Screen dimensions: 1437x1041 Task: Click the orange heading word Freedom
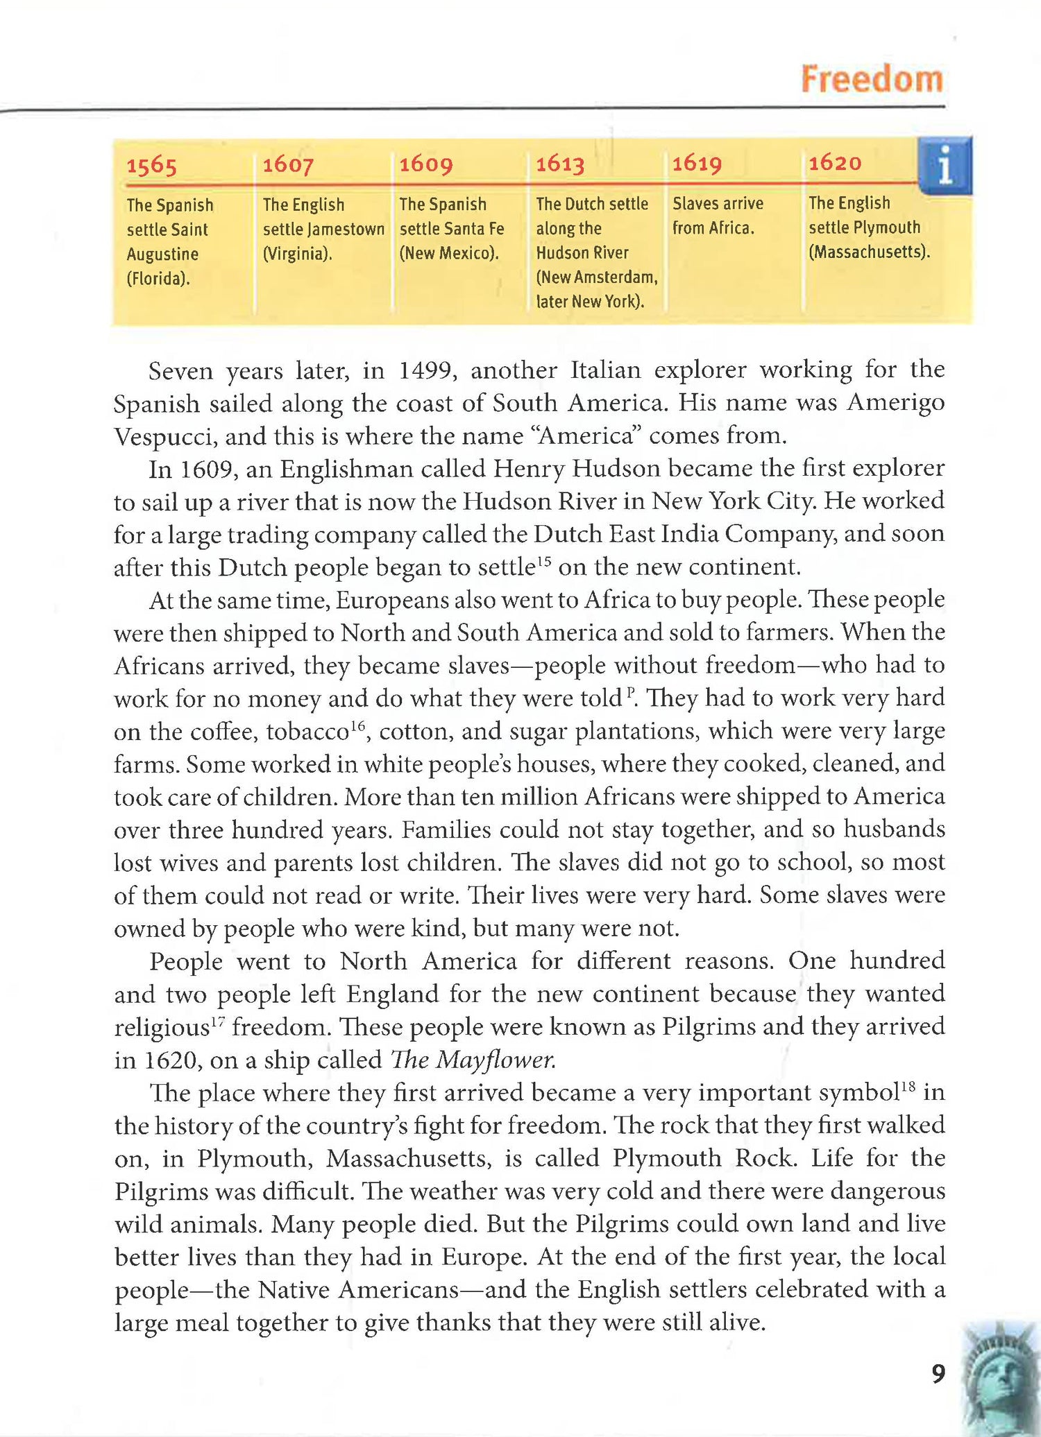pos(872,79)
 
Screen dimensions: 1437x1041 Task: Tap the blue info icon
pos(945,166)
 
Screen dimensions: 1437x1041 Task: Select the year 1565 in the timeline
pos(151,166)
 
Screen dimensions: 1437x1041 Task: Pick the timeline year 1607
pos(288,165)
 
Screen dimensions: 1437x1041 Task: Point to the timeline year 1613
pos(560,164)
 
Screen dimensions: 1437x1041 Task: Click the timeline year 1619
pos(697,163)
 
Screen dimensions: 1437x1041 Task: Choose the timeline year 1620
pos(835,162)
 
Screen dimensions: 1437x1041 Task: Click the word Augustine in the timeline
pos(162,255)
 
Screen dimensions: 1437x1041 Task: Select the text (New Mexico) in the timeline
pos(449,253)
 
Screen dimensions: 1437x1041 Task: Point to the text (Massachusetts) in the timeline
pos(869,252)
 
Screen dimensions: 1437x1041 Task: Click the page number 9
pos(938,1374)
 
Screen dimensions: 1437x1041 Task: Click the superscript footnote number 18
pos(908,1087)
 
